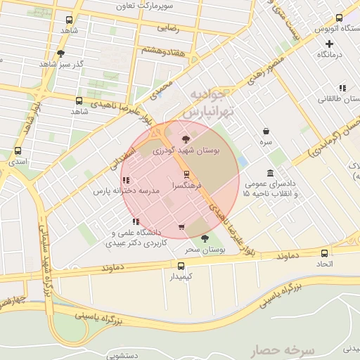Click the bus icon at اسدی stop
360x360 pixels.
(18, 150)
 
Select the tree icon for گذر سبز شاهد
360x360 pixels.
(61, 53)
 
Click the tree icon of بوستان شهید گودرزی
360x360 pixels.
(186, 139)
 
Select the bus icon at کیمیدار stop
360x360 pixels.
(181, 266)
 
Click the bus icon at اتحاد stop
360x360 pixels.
(324, 253)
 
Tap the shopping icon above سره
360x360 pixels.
(266, 131)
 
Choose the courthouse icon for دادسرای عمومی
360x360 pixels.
(271, 173)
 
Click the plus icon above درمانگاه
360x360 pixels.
(329, 44)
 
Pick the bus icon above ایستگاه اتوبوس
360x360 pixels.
(339, 18)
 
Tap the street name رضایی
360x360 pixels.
(168, 29)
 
